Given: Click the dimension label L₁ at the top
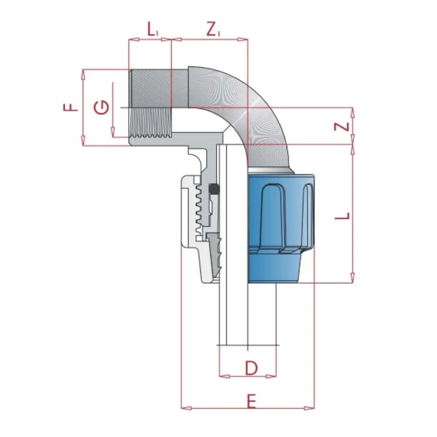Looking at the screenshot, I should (152, 30).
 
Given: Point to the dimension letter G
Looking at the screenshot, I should (101, 107).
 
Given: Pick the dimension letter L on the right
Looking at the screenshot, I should (345, 216).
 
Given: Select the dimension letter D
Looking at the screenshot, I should (251, 368).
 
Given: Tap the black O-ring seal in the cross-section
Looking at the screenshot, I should (214, 189).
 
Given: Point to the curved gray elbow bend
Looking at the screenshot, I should (245, 105).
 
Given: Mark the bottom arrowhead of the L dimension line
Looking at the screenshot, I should (352, 278).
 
